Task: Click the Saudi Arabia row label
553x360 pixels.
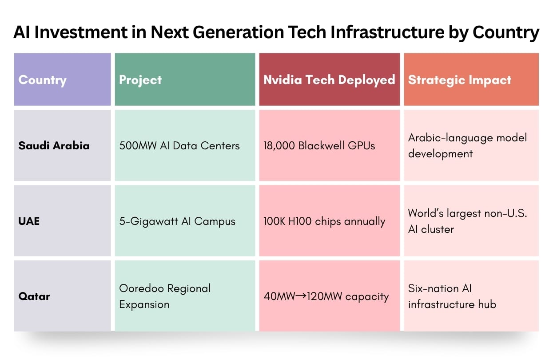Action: coord(54,145)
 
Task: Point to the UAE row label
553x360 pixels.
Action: coord(29,221)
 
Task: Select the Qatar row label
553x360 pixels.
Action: coord(34,296)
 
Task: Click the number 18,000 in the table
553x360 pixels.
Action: coord(279,146)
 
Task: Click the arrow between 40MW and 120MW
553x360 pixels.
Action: coord(301,296)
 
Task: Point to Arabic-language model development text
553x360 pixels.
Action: coord(467,146)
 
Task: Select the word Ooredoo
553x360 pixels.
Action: coord(141,288)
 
